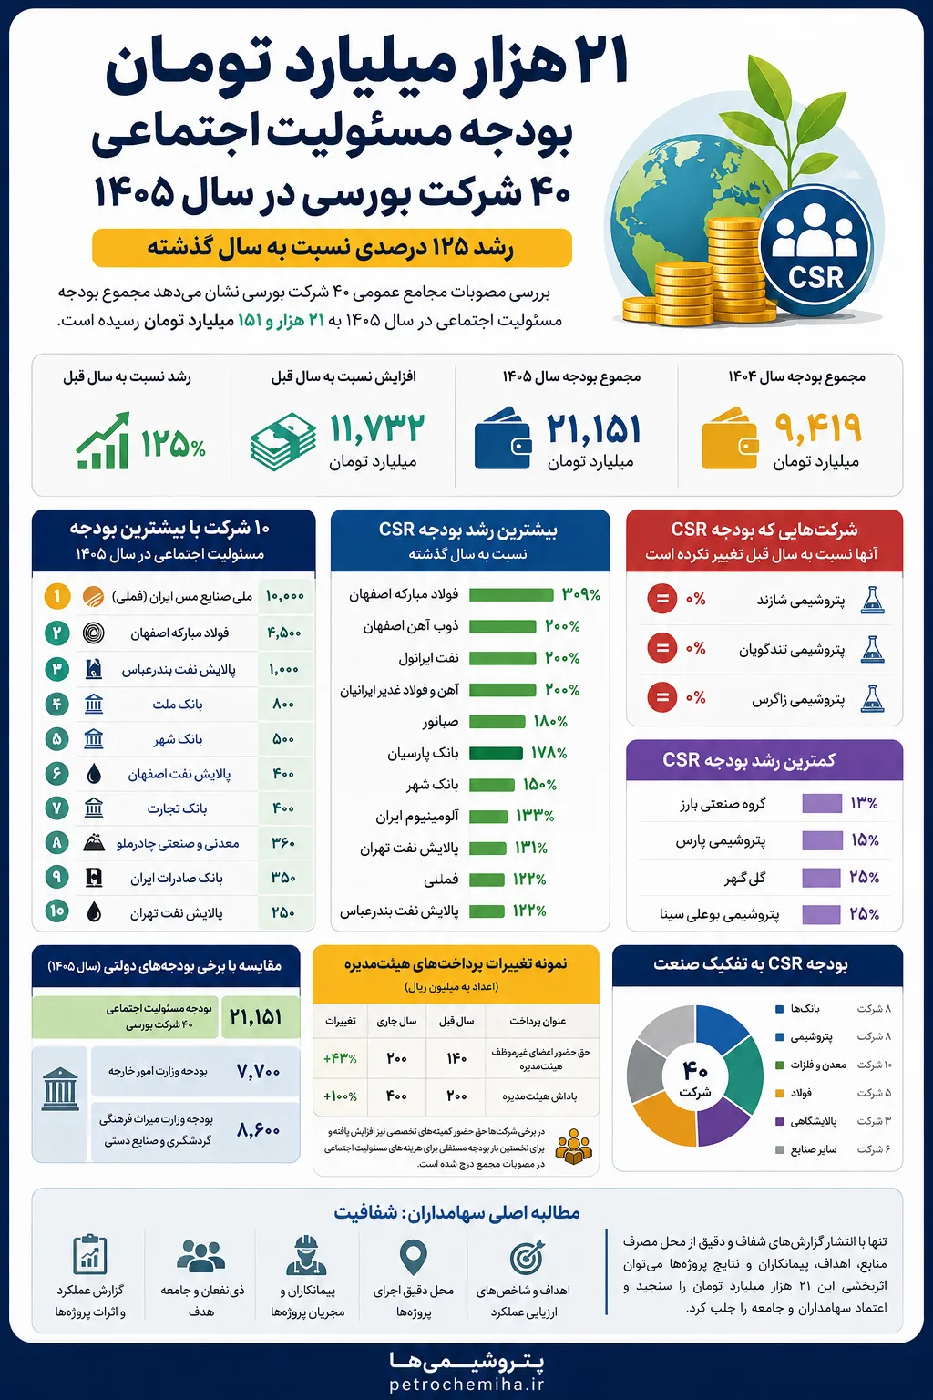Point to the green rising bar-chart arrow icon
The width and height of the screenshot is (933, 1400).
103,440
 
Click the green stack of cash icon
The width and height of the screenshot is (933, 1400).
283,440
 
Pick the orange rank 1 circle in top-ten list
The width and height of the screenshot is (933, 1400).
56,596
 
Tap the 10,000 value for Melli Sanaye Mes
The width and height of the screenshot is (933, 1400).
284,596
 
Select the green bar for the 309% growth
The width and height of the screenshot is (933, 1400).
511,594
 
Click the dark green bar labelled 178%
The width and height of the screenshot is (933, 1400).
496,753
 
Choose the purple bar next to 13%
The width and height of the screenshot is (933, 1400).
822,803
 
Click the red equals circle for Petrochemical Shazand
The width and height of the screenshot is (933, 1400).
661,600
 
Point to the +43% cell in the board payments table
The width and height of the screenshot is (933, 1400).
340,1059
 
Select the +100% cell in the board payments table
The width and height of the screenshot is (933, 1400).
340,1096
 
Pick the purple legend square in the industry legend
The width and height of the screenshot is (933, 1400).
779,1121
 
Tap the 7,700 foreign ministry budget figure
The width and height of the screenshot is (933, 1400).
258,1071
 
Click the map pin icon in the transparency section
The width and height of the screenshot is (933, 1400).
413,1256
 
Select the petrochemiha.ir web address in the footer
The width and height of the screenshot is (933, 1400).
466,1384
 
